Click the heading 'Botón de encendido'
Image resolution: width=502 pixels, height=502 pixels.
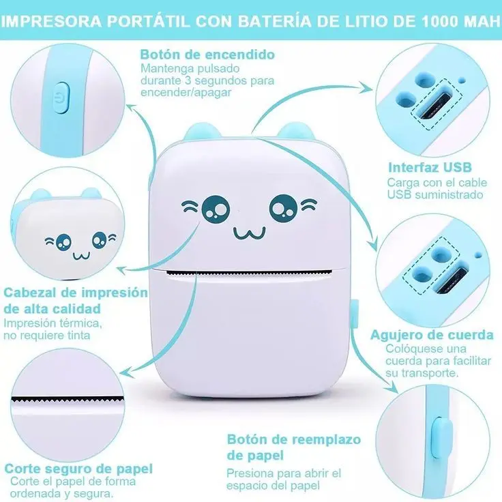(207, 55)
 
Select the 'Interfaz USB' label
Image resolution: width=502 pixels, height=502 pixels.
(430, 167)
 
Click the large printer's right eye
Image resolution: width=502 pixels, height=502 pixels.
(284, 208)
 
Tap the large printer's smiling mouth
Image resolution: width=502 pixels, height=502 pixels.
(250, 233)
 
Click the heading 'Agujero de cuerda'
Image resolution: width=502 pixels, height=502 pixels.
(432, 335)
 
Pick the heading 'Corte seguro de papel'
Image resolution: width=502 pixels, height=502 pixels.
(78, 469)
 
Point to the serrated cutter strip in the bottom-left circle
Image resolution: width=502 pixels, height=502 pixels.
(68, 400)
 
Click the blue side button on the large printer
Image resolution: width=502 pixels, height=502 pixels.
(355, 314)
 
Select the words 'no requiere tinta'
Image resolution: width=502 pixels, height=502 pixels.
(47, 335)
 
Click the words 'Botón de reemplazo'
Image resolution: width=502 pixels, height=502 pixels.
(294, 439)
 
